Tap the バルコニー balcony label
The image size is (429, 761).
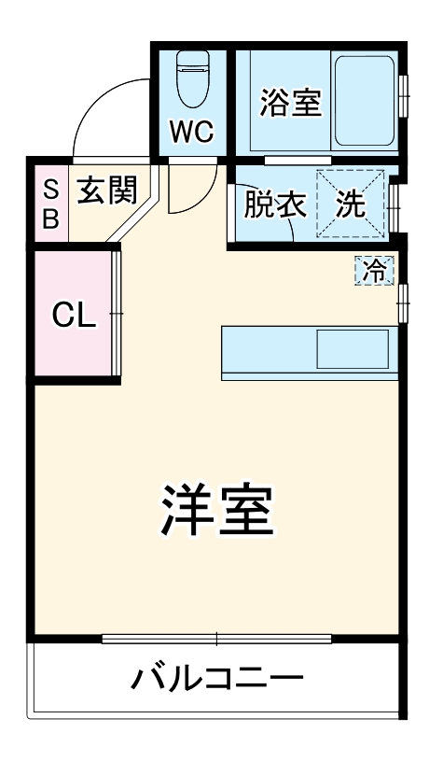216,677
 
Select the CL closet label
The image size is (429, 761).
74,316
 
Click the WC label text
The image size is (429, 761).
191,132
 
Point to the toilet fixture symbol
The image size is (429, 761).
192,79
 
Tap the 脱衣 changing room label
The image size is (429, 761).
275,204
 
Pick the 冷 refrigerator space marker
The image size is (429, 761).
375,271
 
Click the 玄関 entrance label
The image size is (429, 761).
106,190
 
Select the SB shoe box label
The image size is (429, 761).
51,204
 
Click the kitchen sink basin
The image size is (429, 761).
352,349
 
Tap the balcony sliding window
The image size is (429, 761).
216,640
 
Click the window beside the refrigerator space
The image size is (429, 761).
402,303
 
